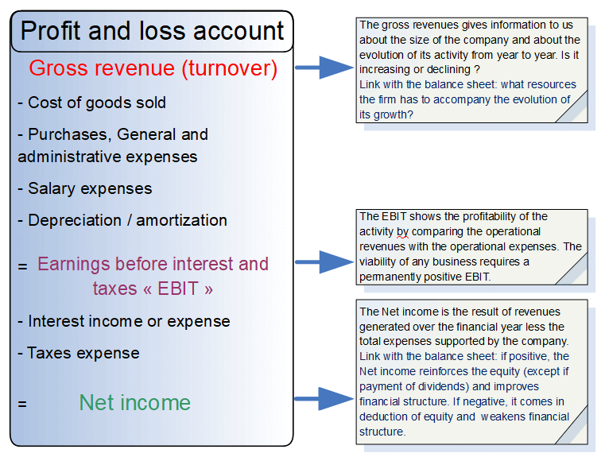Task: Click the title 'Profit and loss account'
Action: [x=152, y=31]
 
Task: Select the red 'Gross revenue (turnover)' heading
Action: [x=153, y=68]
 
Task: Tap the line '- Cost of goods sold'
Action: [x=91, y=103]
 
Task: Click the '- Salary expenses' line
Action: [x=84, y=188]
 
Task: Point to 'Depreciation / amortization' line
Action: [x=127, y=220]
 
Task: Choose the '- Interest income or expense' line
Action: [x=123, y=321]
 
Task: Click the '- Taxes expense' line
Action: [x=79, y=353]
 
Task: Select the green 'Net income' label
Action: [x=135, y=402]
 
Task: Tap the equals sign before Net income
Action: [x=22, y=404]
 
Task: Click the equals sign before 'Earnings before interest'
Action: [x=22, y=266]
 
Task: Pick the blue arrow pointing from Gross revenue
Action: [x=321, y=68]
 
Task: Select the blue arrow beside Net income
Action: [x=321, y=399]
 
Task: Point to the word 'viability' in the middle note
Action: [x=380, y=261]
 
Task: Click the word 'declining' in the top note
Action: [x=448, y=69]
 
